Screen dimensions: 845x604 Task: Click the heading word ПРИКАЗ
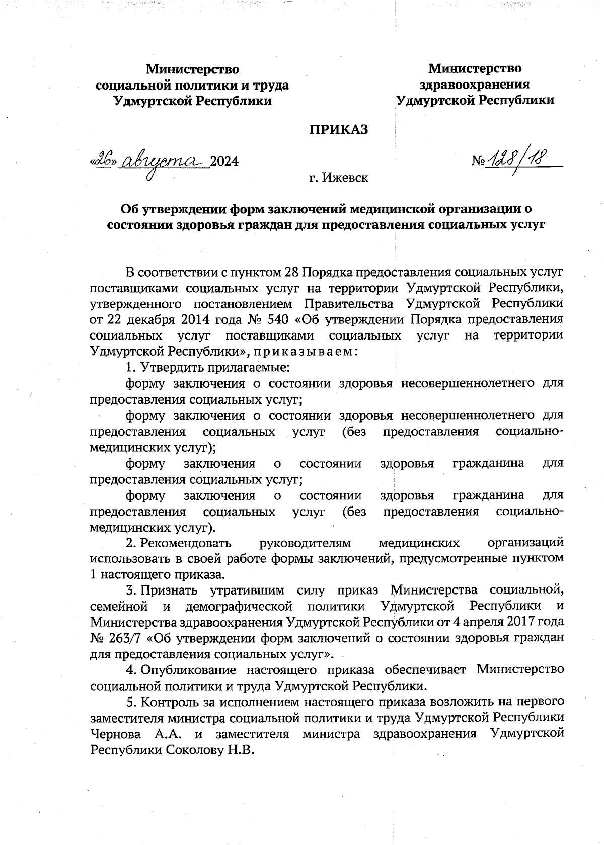[x=338, y=129]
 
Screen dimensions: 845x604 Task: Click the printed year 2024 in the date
[x=224, y=162]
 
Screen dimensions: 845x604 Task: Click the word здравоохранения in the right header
[x=475, y=84]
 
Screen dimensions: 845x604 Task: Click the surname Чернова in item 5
[x=115, y=734]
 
